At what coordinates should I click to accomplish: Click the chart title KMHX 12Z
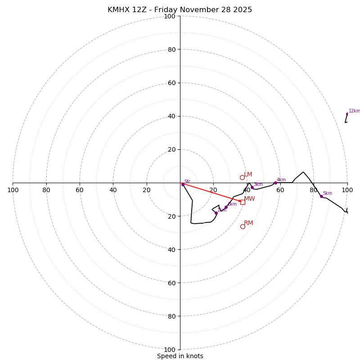(x=180, y=10)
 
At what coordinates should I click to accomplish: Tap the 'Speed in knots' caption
(x=180, y=356)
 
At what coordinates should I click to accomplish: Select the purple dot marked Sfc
(x=183, y=184)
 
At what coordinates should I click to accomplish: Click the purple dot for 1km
(x=216, y=213)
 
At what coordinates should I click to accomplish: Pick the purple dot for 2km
(x=226, y=207)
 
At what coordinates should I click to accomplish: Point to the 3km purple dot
(x=252, y=187)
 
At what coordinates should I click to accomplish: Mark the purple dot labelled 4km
(x=275, y=183)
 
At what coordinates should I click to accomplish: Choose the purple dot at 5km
(x=321, y=196)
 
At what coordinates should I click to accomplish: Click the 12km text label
(x=354, y=111)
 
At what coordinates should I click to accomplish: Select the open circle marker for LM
(x=242, y=177)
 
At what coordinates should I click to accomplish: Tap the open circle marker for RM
(x=243, y=226)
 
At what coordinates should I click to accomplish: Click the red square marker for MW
(x=243, y=202)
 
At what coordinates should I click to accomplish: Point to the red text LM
(x=248, y=175)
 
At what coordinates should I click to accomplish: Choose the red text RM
(x=248, y=223)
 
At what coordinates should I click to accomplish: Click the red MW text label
(x=249, y=199)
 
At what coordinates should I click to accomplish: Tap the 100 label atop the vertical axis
(x=170, y=16)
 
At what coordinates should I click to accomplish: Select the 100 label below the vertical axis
(x=170, y=350)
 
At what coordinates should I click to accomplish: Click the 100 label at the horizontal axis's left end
(x=13, y=190)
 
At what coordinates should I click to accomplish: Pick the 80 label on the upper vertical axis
(x=171, y=49)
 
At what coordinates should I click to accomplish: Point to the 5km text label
(x=328, y=193)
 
